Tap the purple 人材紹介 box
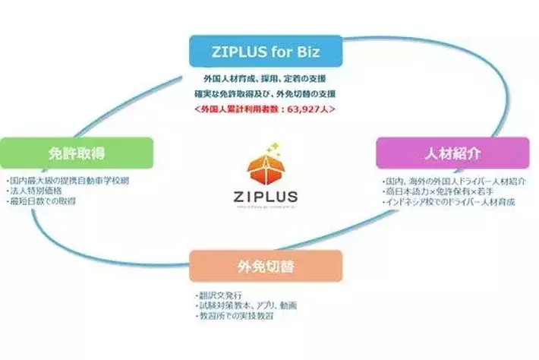click(452, 153)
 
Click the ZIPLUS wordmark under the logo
click(265, 195)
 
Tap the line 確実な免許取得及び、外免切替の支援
click(266, 94)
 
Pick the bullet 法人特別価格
click(33, 191)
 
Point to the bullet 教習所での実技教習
click(232, 314)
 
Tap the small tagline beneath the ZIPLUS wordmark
click(265, 206)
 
